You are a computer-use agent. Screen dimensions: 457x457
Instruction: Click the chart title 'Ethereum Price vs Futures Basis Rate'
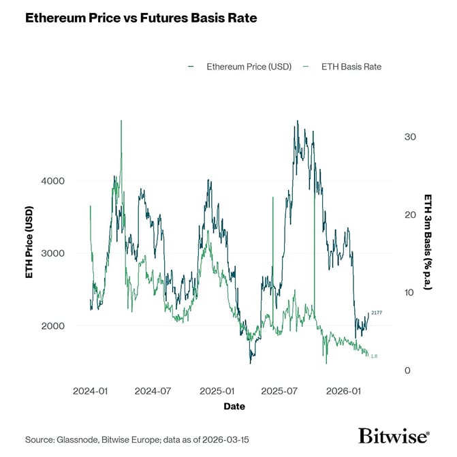tap(141, 18)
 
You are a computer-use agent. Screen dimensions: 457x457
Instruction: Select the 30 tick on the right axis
tap(409, 137)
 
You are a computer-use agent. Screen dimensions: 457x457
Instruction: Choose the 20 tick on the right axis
tap(409, 215)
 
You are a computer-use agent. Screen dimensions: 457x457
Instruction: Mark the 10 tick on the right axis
tap(409, 293)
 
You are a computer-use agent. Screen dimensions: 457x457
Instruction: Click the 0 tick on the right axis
tap(407, 371)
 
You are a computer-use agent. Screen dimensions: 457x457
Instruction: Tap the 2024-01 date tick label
tap(90, 392)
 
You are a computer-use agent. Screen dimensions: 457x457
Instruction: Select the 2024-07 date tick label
tap(153, 392)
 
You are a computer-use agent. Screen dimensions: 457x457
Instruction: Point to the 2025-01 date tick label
tap(217, 392)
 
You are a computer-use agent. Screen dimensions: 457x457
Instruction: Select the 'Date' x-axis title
tap(234, 407)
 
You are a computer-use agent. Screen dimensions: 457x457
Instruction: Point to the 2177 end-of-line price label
tap(377, 313)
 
